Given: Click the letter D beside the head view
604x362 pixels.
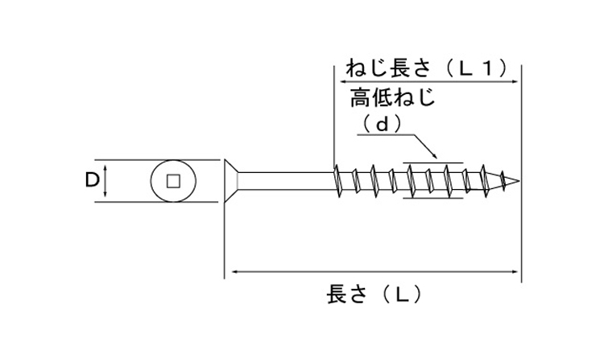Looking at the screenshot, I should (x=92, y=180).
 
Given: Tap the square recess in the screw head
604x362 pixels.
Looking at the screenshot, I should (x=172, y=181).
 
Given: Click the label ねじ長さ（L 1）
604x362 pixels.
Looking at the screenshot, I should (x=428, y=67).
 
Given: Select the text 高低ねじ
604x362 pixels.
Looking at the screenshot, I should (x=392, y=99).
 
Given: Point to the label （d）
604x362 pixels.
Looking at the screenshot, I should (x=382, y=124).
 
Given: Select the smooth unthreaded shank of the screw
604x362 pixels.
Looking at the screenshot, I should (x=286, y=180).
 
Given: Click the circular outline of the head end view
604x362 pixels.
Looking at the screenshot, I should (x=153, y=181).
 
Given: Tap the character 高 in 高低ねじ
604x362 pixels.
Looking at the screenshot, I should (x=361, y=99).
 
